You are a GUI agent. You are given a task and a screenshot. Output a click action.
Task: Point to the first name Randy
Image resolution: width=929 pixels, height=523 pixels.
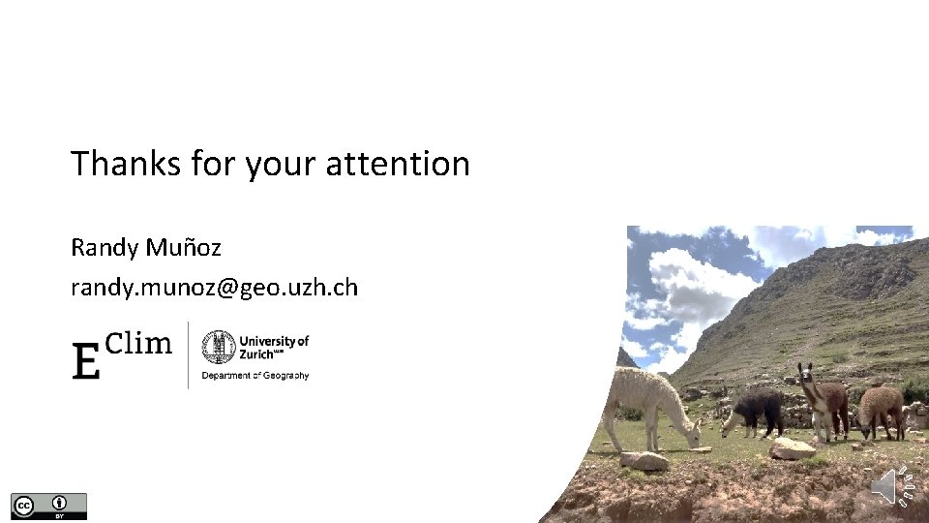click(x=105, y=248)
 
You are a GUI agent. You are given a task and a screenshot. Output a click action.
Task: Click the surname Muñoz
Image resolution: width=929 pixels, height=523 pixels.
click(x=184, y=247)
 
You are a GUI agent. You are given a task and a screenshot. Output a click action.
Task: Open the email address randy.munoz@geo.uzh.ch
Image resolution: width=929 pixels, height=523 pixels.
click(x=214, y=288)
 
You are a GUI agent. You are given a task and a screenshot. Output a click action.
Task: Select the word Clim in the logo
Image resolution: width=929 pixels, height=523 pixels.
click(x=137, y=343)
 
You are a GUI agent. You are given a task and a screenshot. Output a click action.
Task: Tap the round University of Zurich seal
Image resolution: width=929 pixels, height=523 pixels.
click(x=218, y=347)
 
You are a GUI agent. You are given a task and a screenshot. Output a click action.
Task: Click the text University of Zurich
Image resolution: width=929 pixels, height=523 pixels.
click(x=273, y=347)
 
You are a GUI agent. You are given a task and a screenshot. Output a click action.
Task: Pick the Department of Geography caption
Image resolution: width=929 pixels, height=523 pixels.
click(x=255, y=375)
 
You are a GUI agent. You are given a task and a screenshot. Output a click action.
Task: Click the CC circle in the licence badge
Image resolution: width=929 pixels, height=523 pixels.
click(x=23, y=505)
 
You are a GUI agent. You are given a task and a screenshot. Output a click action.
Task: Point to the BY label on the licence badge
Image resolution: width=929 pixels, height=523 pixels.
click(x=60, y=515)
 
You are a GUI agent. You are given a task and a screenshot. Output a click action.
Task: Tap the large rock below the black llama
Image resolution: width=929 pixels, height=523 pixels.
click(x=792, y=447)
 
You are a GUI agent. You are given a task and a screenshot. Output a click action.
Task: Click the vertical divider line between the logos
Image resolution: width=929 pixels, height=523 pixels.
click(x=188, y=354)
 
